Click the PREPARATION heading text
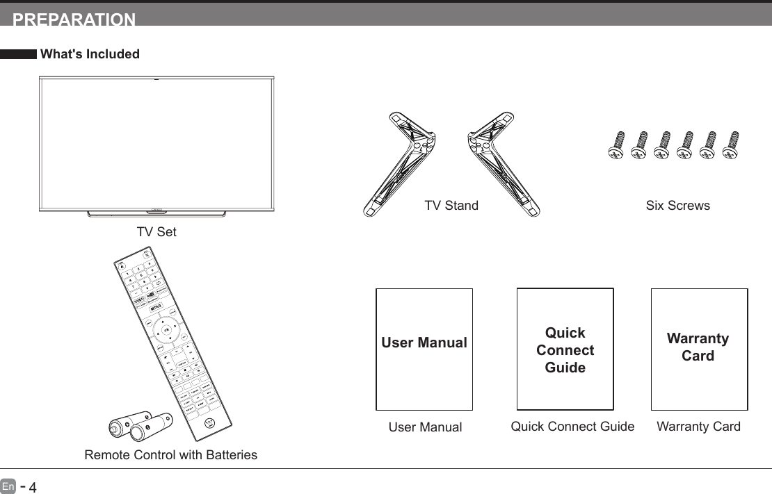coord(74,20)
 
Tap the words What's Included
coord(90,54)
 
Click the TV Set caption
coord(156,232)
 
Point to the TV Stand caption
coord(451,206)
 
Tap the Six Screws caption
coord(677,206)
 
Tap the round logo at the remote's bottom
coord(209,423)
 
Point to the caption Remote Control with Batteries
coord(170,456)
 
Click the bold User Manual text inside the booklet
coord(424,343)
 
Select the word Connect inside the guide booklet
coord(565,350)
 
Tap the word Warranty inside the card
coord(698,339)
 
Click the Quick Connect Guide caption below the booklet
coord(572,427)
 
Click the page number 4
coord(31,487)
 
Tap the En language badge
coord(8,486)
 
